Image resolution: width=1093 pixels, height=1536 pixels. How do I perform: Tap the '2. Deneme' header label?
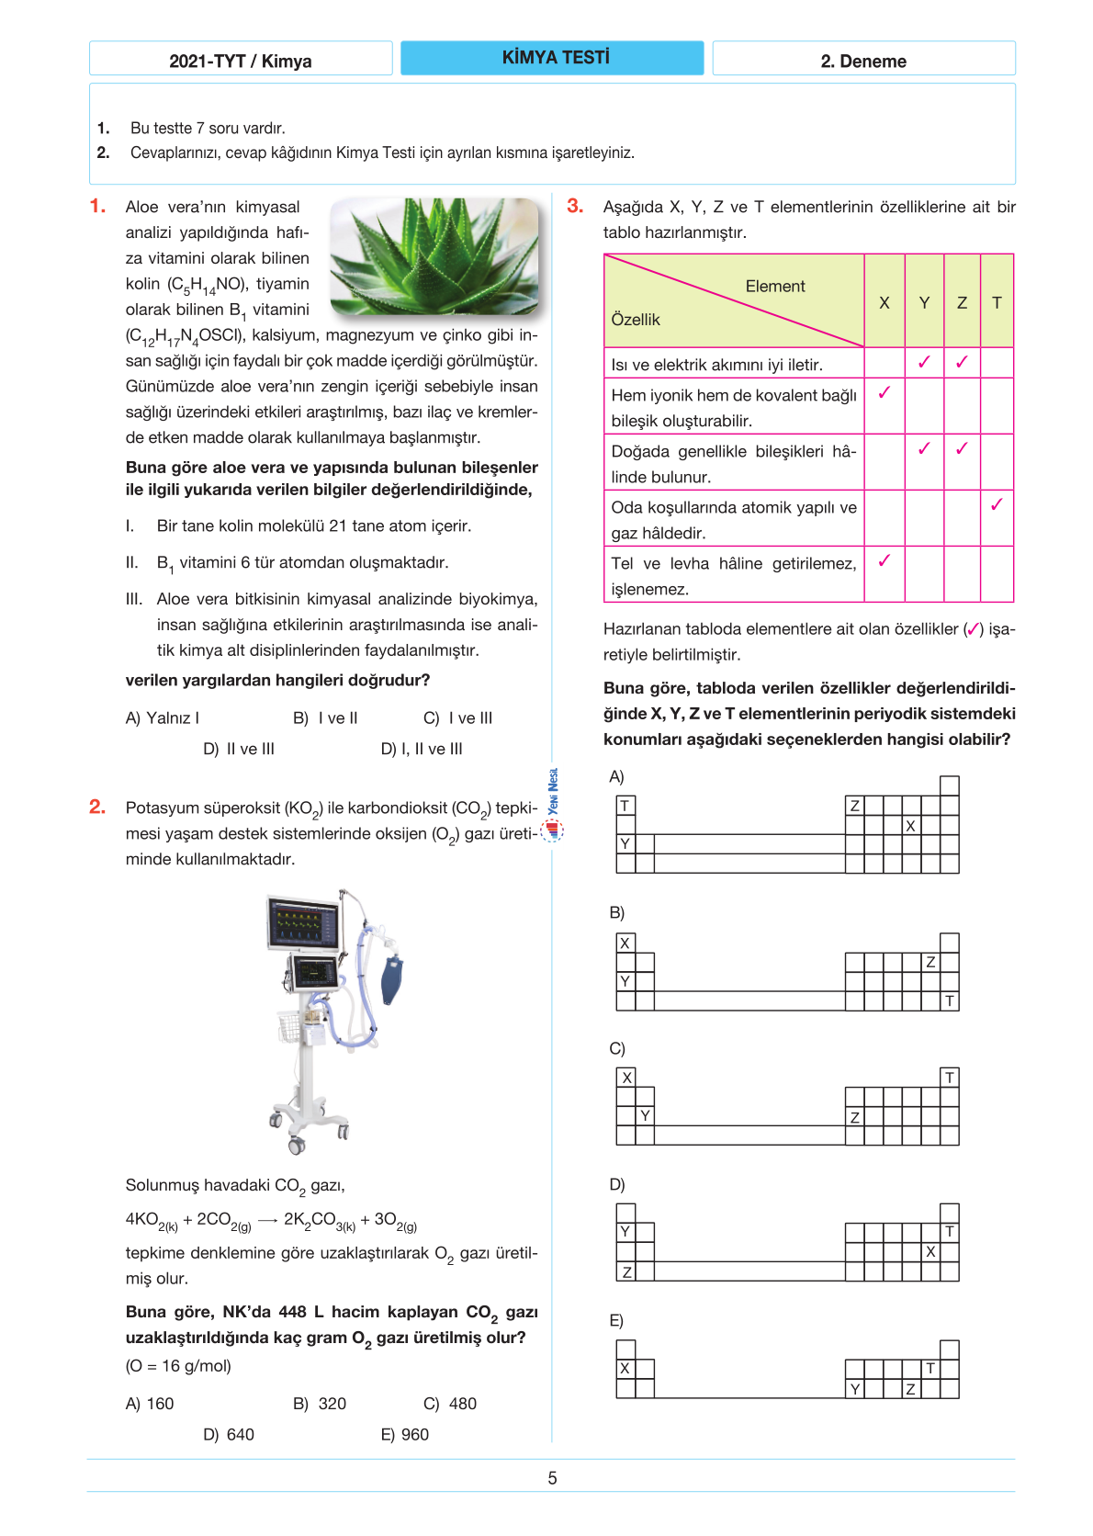[863, 62]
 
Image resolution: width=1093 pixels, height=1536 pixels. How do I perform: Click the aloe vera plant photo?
[434, 256]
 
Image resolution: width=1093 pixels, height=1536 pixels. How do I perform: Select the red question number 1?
[97, 207]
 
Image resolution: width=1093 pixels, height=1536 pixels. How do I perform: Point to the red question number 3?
[575, 207]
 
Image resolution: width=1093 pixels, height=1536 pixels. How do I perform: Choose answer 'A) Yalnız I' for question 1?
[163, 718]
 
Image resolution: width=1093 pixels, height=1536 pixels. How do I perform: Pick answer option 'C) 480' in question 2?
[450, 1404]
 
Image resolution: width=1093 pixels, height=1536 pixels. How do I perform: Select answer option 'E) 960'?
[405, 1435]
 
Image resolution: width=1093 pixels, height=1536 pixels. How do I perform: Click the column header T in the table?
[997, 302]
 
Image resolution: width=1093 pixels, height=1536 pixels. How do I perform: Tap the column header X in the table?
[885, 302]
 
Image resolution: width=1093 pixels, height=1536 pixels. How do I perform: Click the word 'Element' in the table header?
[775, 287]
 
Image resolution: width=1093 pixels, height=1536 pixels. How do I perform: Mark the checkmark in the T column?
[997, 504]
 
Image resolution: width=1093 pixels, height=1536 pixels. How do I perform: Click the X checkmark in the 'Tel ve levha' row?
[885, 560]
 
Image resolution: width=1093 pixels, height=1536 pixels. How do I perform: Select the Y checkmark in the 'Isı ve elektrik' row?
[924, 362]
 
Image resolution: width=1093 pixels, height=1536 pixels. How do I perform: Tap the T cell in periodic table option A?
[625, 806]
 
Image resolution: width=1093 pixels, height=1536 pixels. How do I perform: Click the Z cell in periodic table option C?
[854, 1117]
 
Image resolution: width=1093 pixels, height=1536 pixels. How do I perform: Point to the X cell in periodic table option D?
[930, 1251]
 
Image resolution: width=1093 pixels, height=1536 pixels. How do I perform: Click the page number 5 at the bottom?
[552, 1478]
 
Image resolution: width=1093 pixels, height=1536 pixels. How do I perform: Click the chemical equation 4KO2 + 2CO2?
[271, 1221]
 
